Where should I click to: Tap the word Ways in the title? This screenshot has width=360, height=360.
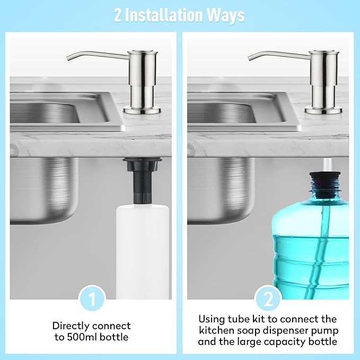227,15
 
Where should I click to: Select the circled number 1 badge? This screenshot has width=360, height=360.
92,299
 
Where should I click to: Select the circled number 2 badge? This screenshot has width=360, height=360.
268,299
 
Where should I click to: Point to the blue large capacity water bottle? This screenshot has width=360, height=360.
310,249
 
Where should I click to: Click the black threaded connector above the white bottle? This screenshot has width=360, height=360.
136,180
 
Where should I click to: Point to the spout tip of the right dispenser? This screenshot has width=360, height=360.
250,57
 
